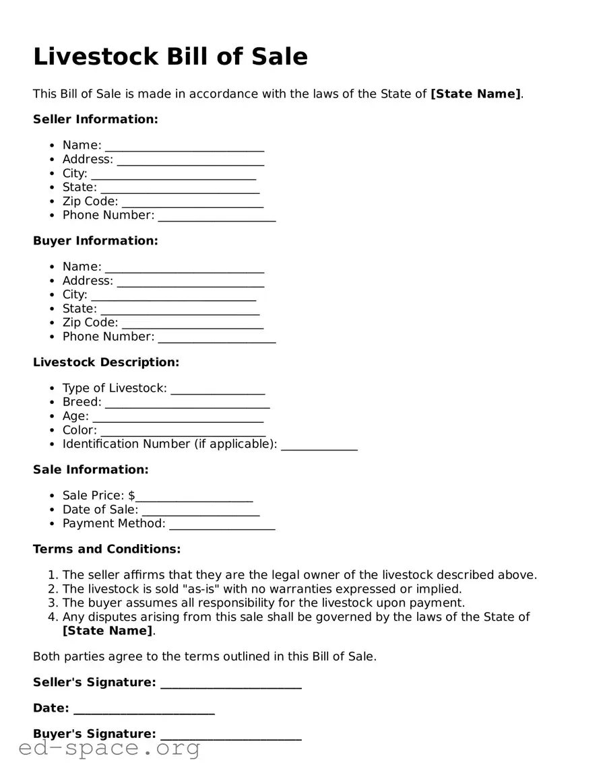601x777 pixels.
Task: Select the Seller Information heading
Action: tap(95, 119)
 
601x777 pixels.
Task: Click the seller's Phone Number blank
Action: tap(216, 217)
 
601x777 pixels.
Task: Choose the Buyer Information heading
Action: tap(95, 240)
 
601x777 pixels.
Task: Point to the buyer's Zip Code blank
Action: tap(192, 325)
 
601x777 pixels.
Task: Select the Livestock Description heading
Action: tap(106, 362)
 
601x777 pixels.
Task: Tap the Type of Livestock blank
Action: tap(218, 390)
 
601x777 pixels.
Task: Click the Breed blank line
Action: tap(187, 404)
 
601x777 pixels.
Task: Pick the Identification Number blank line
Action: tap(319, 446)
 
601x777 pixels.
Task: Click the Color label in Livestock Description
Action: tap(80, 430)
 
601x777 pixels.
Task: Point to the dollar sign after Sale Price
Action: tap(132, 496)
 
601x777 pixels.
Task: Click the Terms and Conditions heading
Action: tap(106, 549)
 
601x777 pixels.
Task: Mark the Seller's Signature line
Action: tap(230, 684)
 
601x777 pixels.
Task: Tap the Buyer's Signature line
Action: tap(230, 736)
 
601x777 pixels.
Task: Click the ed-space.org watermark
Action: tap(109, 748)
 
